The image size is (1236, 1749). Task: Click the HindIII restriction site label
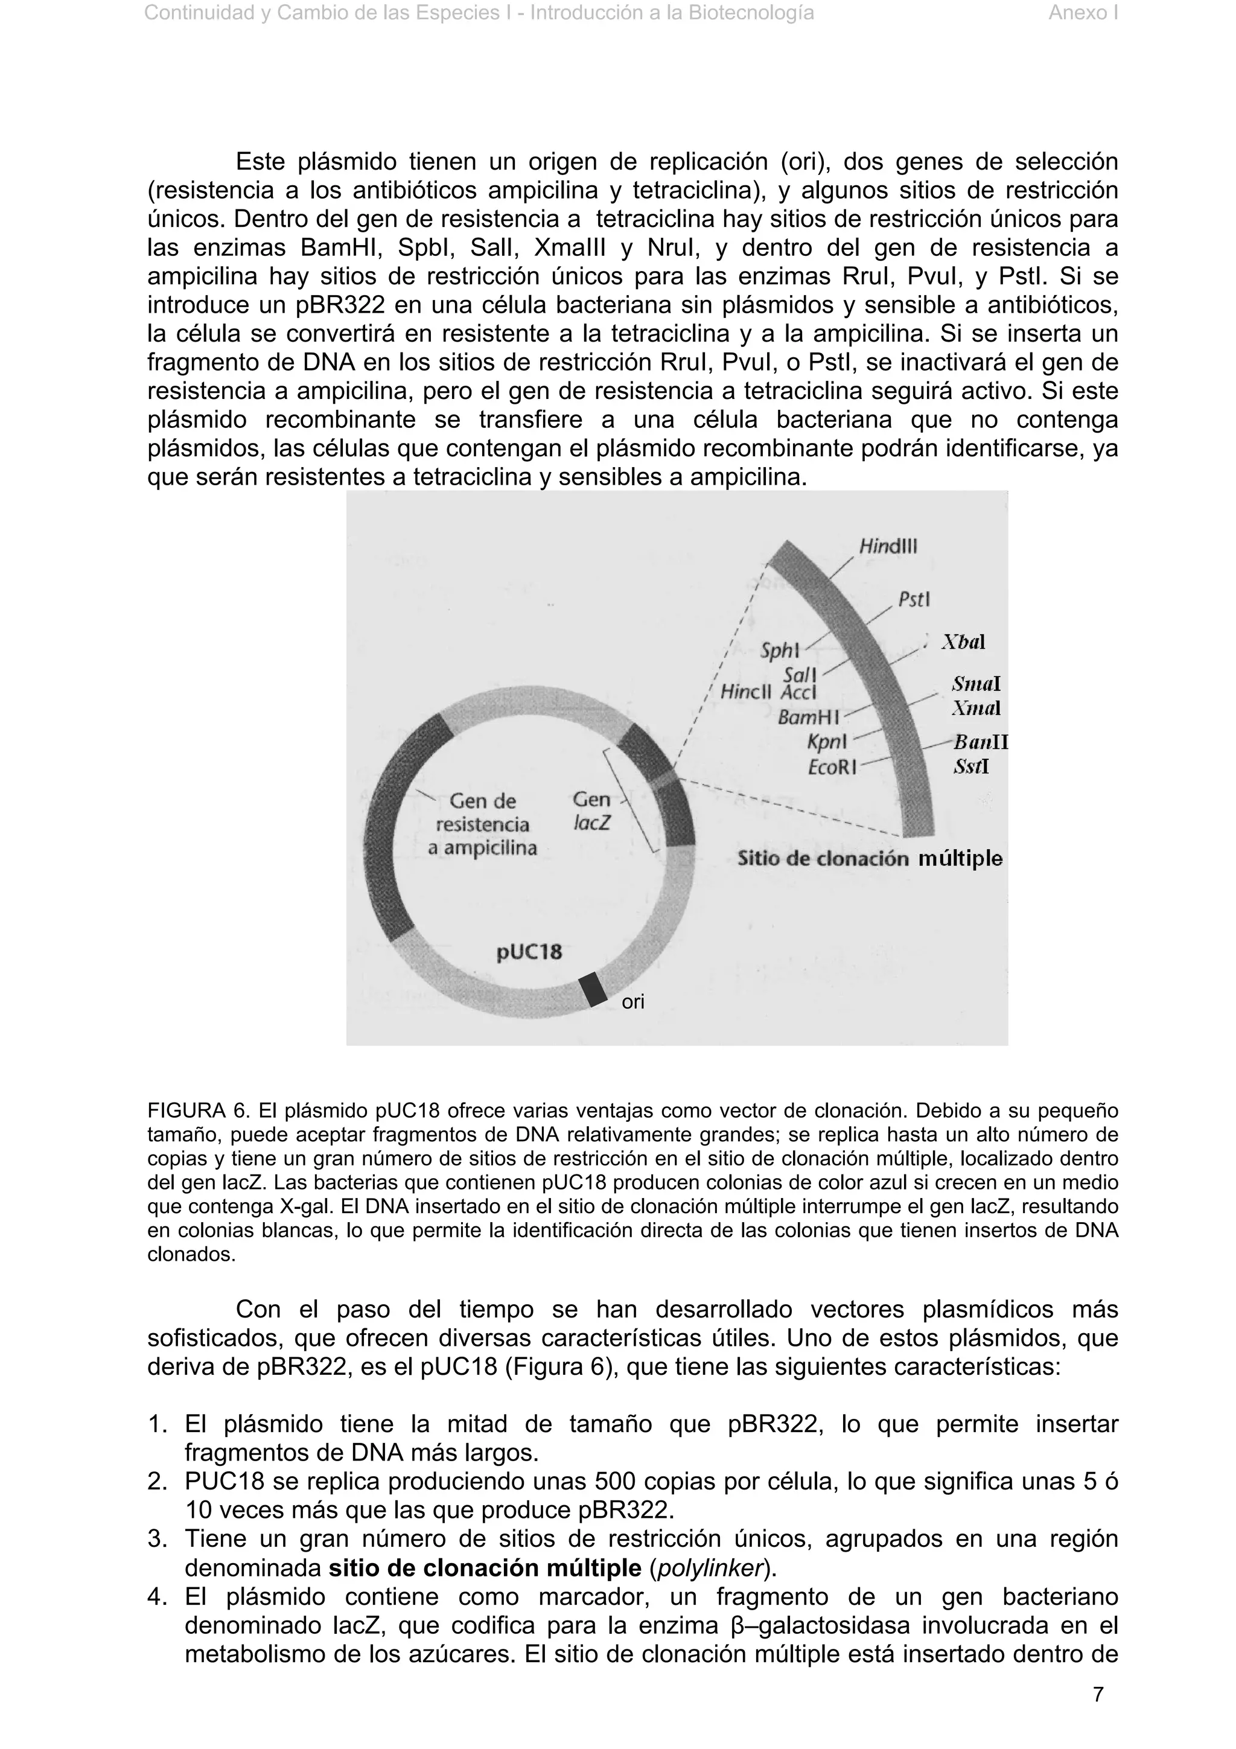pos(888,546)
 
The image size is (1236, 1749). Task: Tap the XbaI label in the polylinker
pos(963,642)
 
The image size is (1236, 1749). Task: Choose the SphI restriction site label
pos(780,651)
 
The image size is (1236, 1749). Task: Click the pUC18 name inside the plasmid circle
pos(529,951)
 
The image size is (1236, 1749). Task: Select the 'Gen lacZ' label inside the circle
pos(591,811)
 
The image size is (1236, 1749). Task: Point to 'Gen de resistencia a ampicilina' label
pos(482,824)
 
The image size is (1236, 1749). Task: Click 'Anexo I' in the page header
pos(1082,13)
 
